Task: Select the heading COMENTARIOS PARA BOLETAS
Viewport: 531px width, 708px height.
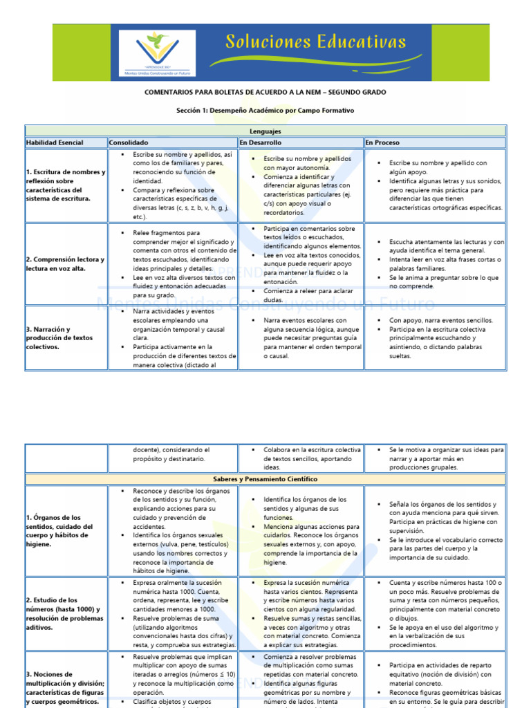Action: click(265, 92)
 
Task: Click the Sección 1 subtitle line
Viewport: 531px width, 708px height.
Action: click(265, 110)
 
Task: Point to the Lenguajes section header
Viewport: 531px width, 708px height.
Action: click(265, 131)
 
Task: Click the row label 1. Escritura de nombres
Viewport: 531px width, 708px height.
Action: click(66, 185)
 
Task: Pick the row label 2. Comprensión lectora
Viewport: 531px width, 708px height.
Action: click(66, 263)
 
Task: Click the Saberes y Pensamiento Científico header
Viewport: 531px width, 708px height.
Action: click(265, 478)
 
